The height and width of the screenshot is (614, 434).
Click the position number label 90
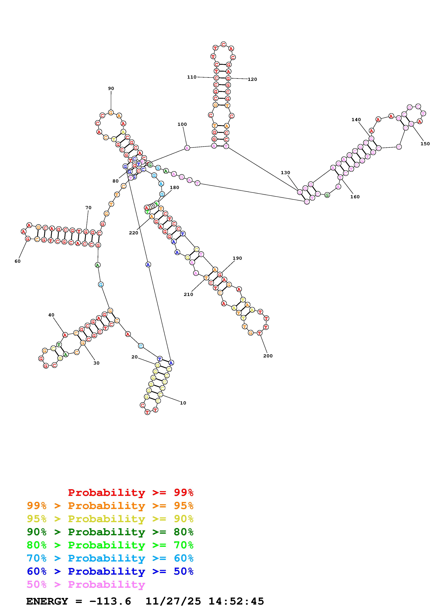click(111, 89)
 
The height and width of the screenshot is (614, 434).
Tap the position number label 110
click(192, 77)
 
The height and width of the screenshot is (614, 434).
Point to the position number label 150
click(425, 144)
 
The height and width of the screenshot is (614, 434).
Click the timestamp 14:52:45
click(236, 601)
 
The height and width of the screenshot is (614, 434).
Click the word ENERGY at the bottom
click(47, 601)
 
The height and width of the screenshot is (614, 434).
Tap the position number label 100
click(182, 124)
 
